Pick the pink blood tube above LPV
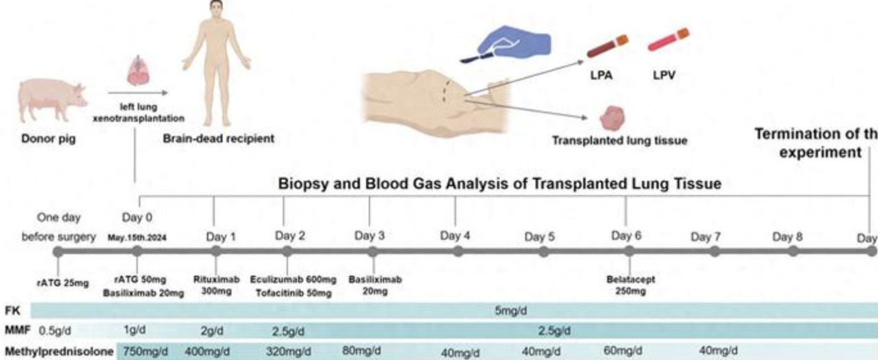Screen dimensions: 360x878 pyautogui.click(x=668, y=40)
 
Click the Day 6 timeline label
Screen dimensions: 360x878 pyautogui.click(x=626, y=236)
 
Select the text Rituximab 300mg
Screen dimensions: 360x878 pyautogui.click(x=216, y=285)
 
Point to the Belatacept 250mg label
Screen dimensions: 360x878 pyautogui.click(x=629, y=285)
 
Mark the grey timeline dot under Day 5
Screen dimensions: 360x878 pyautogui.click(x=544, y=252)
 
